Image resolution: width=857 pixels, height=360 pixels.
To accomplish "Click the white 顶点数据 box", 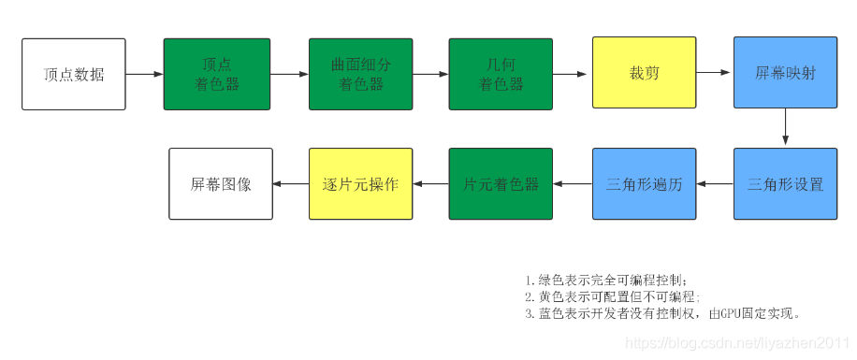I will tap(73, 74).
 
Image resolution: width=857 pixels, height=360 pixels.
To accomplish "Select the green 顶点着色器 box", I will tap(217, 74).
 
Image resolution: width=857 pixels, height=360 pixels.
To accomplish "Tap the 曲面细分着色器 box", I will tap(361, 74).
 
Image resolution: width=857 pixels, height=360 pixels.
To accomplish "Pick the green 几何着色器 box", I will tap(501, 74).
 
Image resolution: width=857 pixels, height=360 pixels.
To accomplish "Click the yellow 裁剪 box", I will tap(644, 73).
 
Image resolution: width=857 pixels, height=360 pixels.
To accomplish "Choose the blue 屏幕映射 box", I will tap(785, 73).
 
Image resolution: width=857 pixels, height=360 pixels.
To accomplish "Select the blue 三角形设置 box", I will tap(785, 184).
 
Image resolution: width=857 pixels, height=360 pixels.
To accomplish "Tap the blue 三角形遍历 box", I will tap(644, 184).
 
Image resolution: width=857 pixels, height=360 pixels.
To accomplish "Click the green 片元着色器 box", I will tap(501, 184).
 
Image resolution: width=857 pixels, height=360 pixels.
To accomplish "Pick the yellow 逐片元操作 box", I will tap(361, 184).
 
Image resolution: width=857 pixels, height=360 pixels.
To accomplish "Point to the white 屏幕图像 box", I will tap(221, 184).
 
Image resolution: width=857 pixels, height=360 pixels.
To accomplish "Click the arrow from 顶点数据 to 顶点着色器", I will tap(144, 74).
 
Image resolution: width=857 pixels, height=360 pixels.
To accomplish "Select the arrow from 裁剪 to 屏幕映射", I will tap(715, 73).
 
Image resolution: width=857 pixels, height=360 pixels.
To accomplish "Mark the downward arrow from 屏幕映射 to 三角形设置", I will tap(785, 127).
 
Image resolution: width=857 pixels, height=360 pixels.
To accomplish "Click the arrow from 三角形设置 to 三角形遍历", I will tap(715, 184).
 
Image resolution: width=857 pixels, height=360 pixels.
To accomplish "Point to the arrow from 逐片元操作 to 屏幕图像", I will tap(291, 184).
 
